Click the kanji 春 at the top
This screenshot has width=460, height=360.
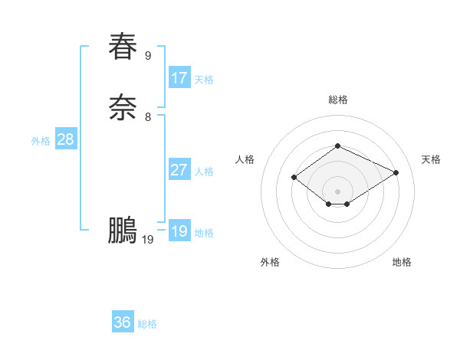click(x=123, y=46)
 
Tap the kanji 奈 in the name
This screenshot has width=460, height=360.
click(x=123, y=107)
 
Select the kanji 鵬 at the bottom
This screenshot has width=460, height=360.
click(x=123, y=230)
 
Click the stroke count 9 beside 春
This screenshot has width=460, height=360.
click(x=148, y=55)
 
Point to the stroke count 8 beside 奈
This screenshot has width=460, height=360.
click(x=148, y=117)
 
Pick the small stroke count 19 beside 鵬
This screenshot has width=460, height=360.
click(x=148, y=240)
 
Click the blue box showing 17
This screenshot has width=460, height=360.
click(x=179, y=78)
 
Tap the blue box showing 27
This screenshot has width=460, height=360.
click(x=179, y=170)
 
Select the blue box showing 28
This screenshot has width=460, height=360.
click(x=65, y=139)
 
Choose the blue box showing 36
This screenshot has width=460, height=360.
click(x=123, y=322)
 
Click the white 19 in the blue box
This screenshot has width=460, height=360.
click(x=179, y=231)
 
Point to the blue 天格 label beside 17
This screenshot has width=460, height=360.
click(x=204, y=80)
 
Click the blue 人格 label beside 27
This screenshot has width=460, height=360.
click(x=204, y=172)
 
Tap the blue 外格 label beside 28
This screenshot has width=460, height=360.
click(x=41, y=141)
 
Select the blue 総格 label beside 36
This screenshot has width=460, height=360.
click(x=147, y=324)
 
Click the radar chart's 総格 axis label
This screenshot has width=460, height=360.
click(x=338, y=100)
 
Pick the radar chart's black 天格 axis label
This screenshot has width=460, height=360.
click(x=432, y=159)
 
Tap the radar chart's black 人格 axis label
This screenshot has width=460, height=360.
click(x=245, y=159)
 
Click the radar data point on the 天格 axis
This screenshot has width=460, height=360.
click(x=396, y=172)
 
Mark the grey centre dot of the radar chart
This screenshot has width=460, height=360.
click(x=338, y=191)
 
